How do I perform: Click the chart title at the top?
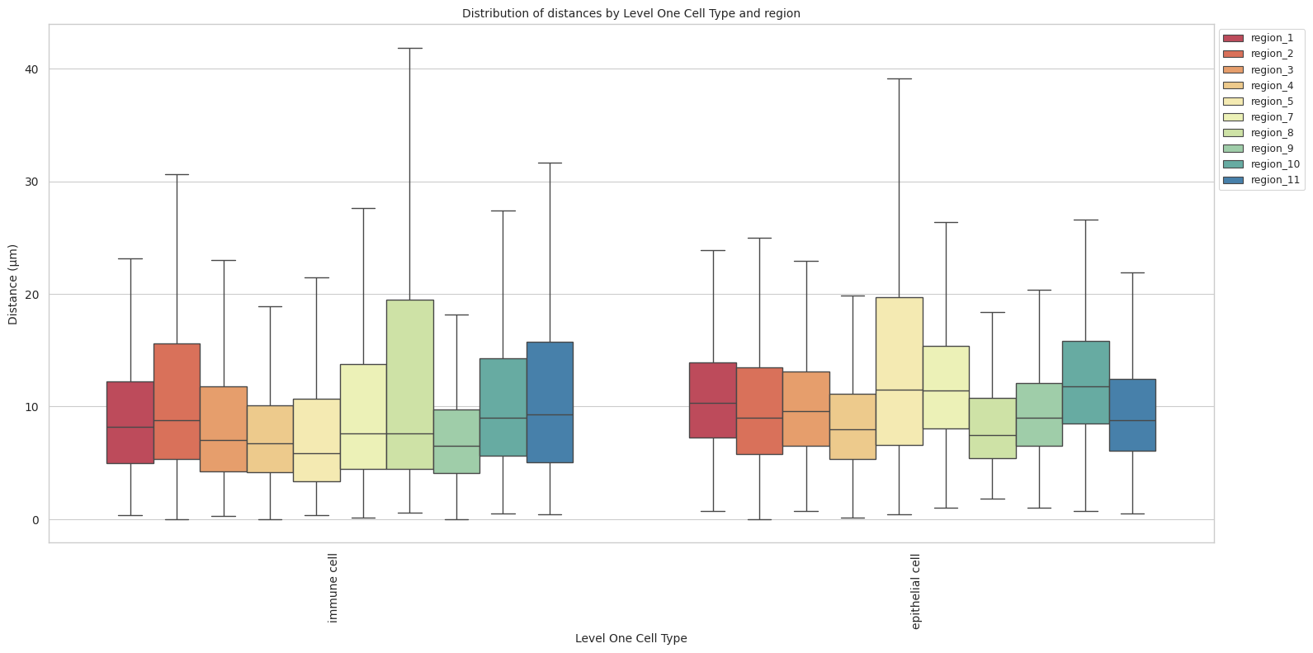(631, 13)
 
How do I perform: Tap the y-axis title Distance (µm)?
(13, 284)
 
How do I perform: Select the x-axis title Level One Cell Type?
(631, 638)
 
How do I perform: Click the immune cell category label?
(333, 589)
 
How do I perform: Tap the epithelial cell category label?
(915, 592)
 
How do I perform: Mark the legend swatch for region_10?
(1234, 164)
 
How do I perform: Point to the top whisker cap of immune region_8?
(410, 49)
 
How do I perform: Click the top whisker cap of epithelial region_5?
(900, 79)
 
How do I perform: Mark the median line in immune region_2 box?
(177, 420)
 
